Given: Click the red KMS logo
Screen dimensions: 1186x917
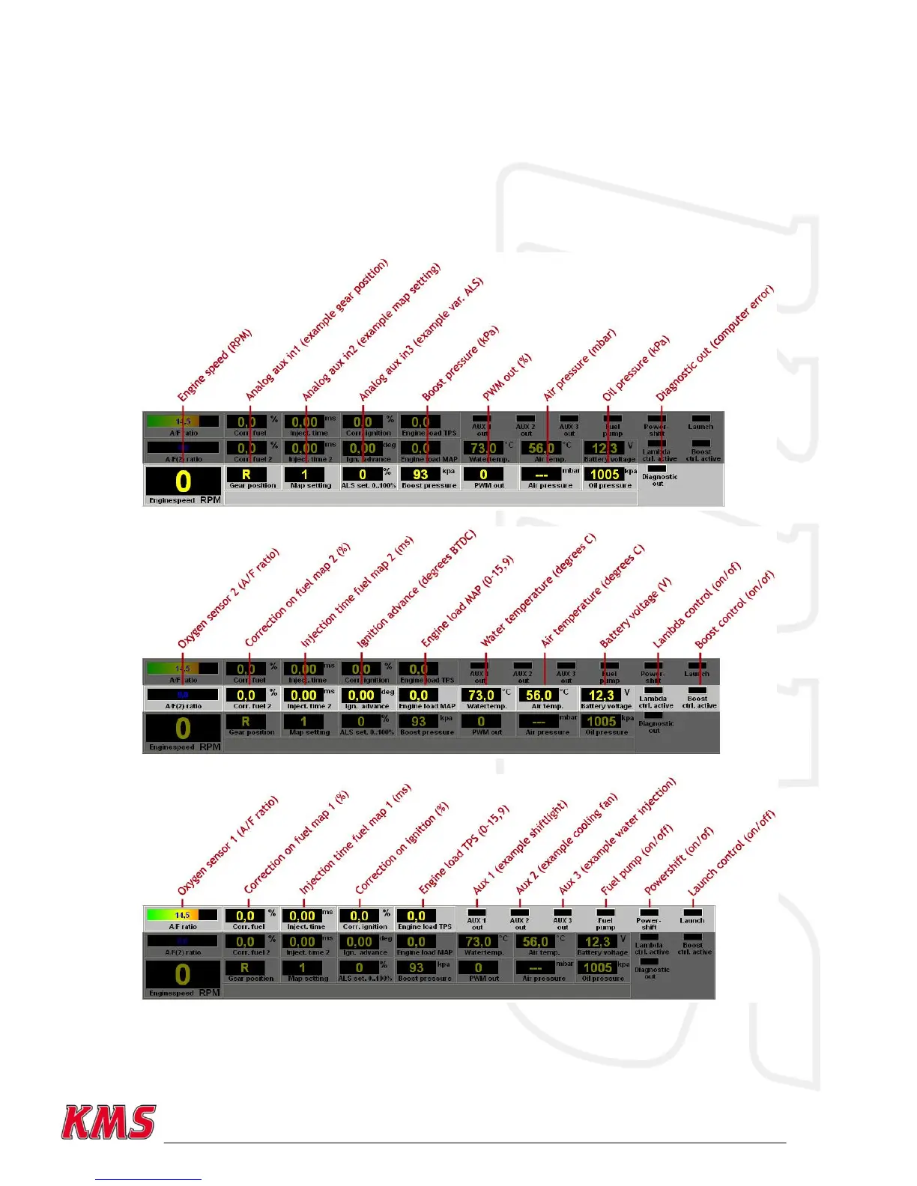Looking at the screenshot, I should point(109,1122).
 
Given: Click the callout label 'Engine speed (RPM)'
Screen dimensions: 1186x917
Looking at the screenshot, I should point(215,365).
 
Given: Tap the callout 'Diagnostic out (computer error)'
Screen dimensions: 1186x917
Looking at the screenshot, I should point(715,342).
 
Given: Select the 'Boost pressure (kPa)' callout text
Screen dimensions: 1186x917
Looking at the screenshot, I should point(460,363).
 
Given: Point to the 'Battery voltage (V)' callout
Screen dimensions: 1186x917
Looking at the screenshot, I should point(635,612).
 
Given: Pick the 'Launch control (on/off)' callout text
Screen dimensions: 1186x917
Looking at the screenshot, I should point(731,853).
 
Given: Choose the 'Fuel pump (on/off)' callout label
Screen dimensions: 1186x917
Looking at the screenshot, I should point(637,860).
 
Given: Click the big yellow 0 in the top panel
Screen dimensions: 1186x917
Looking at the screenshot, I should point(183,481).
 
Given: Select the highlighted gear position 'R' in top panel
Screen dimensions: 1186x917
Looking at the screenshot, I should point(246,474).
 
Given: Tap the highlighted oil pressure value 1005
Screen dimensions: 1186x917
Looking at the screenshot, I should point(604,474).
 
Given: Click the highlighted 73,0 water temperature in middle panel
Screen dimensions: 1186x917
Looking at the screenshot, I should point(480,695).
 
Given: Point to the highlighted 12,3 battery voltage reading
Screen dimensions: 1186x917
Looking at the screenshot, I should point(601,695).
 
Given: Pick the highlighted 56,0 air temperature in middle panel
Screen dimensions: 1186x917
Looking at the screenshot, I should point(539,695).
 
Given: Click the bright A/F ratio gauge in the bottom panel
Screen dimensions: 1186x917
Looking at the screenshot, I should point(182,915).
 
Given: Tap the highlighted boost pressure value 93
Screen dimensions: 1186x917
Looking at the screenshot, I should point(420,474).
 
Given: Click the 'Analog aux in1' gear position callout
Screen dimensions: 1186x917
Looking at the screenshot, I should point(318,329).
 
